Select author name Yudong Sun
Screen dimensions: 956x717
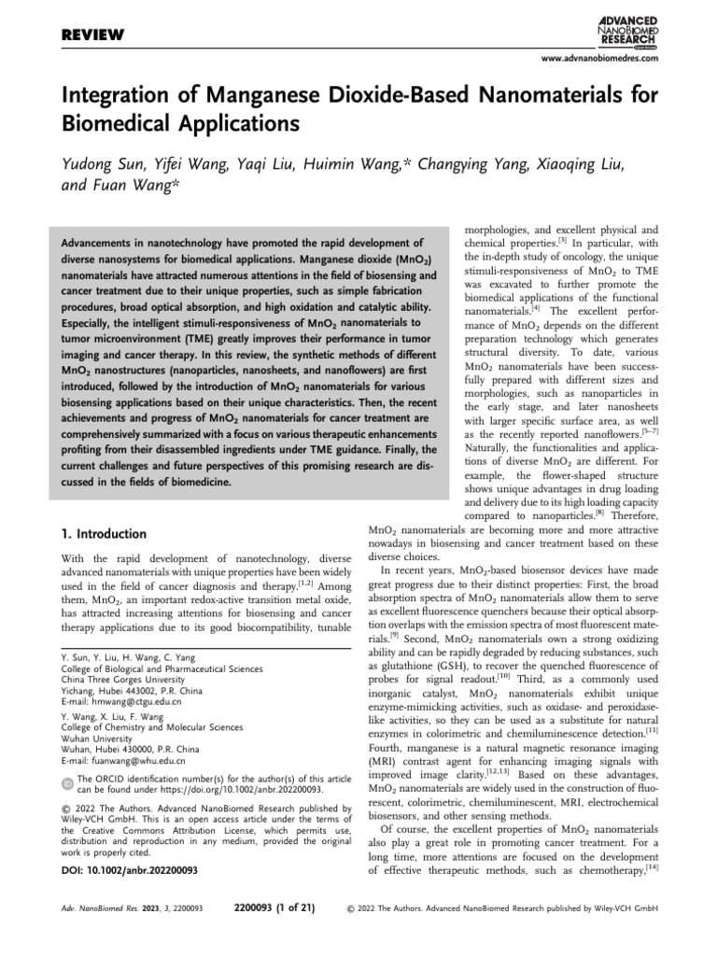(x=102, y=164)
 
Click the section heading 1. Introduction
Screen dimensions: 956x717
(x=103, y=534)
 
